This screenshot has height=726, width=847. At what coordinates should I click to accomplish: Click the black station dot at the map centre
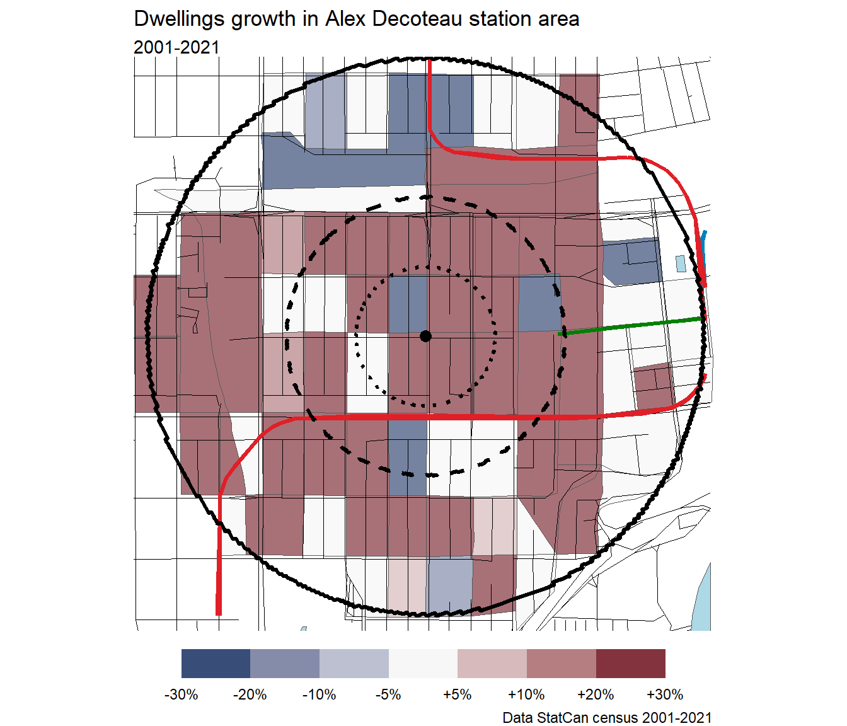pyautogui.click(x=425, y=336)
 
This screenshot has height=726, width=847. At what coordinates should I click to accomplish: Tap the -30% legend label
pyautogui.click(x=181, y=694)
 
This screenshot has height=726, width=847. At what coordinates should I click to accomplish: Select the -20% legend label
pyautogui.click(x=250, y=694)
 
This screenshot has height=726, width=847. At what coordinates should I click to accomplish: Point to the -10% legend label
pyautogui.click(x=320, y=694)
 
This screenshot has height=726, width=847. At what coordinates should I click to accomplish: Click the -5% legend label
pyautogui.click(x=388, y=694)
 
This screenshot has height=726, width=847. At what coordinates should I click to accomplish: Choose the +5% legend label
pyautogui.click(x=458, y=694)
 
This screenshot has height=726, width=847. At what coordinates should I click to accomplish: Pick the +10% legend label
pyautogui.click(x=526, y=694)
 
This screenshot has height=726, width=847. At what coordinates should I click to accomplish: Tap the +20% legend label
pyautogui.click(x=596, y=694)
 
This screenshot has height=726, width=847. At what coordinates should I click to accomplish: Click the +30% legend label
pyautogui.click(x=665, y=694)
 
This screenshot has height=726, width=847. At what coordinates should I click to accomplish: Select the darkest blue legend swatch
pyautogui.click(x=216, y=664)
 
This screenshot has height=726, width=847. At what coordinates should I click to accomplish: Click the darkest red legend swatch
pyautogui.click(x=630, y=664)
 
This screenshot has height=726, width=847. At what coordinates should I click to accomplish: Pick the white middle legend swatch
pyautogui.click(x=423, y=664)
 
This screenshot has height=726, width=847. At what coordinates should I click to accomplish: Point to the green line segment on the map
pyautogui.click(x=630, y=326)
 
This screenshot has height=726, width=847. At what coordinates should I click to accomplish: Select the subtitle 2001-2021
pyautogui.click(x=176, y=47)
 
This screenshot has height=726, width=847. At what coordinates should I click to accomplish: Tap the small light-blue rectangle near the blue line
pyautogui.click(x=681, y=263)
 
